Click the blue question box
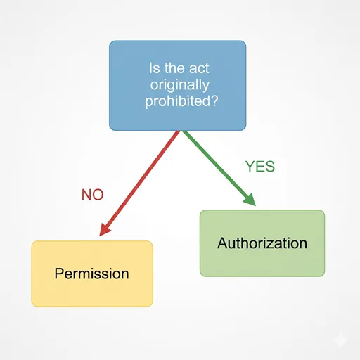177,86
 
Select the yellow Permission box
92,274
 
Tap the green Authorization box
262,243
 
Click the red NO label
92,195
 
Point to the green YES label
260,167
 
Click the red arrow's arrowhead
105,229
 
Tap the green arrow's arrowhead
250,200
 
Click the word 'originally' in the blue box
179,85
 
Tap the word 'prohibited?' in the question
181,101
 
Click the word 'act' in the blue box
199,68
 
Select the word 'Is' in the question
155,68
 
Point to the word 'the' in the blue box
174,68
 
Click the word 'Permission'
91,274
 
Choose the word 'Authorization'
262,243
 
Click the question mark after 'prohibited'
214,101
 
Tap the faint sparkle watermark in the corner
340,340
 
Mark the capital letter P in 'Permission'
59,274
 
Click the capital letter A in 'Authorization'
223,243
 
